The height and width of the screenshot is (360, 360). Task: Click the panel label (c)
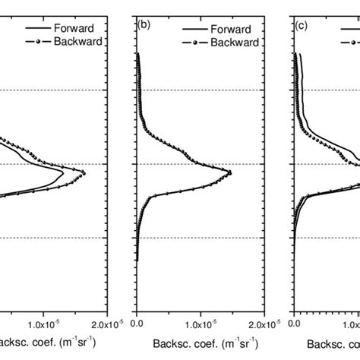pos(301,24)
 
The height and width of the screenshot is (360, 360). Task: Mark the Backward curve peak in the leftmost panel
pos(84,173)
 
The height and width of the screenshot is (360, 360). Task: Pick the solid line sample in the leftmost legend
pos(31,28)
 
